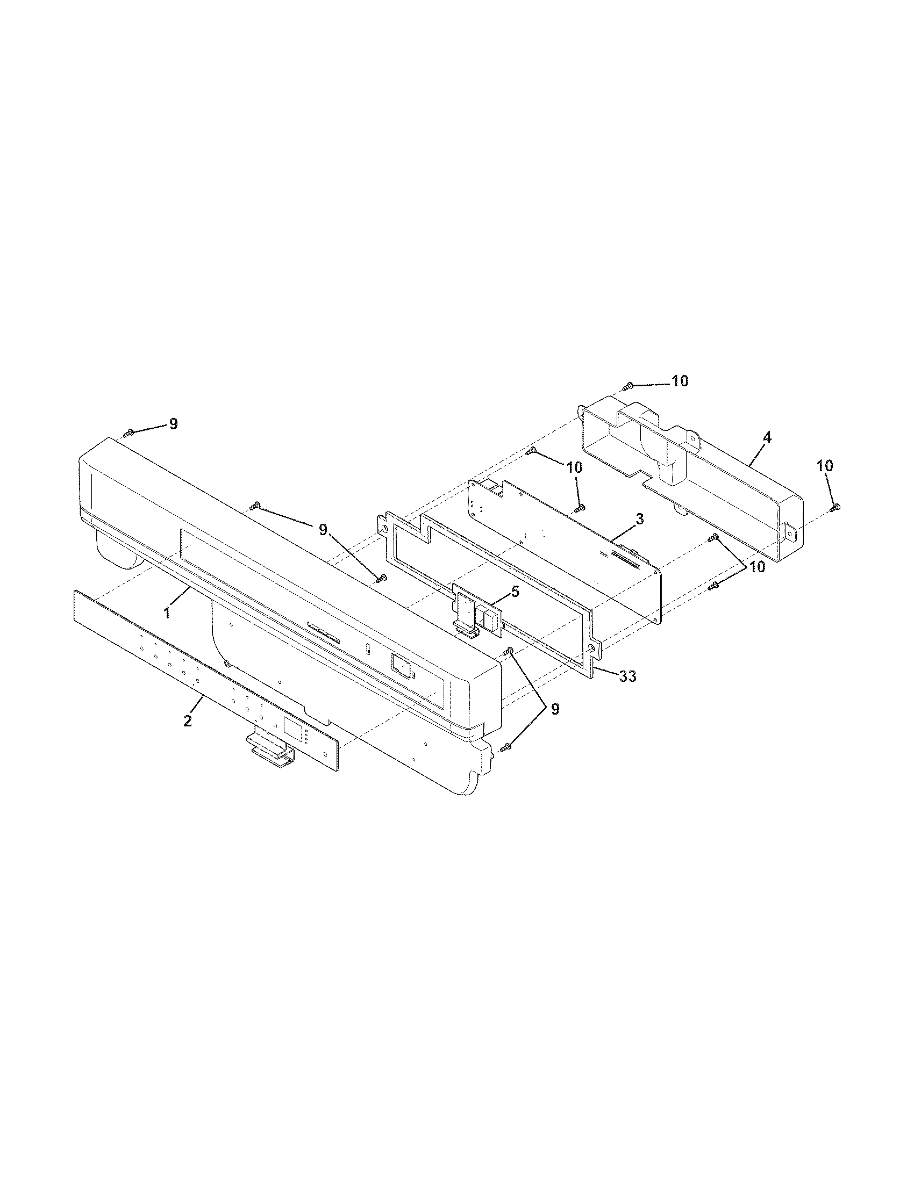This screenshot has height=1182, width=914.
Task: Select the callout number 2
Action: pyautogui.click(x=187, y=720)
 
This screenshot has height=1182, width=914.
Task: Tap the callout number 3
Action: pyautogui.click(x=639, y=520)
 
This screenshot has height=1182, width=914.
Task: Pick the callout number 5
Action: pyautogui.click(x=515, y=592)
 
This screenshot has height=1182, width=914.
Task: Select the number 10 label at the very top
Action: pyautogui.click(x=680, y=381)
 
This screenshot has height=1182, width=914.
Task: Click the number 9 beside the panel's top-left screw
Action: pyautogui.click(x=173, y=424)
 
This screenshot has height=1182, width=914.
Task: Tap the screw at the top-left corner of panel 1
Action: pyautogui.click(x=129, y=433)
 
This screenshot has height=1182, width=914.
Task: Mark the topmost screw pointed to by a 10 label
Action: pyautogui.click(x=629, y=386)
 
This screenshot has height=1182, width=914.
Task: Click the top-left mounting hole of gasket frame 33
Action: pyautogui.click(x=384, y=525)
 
